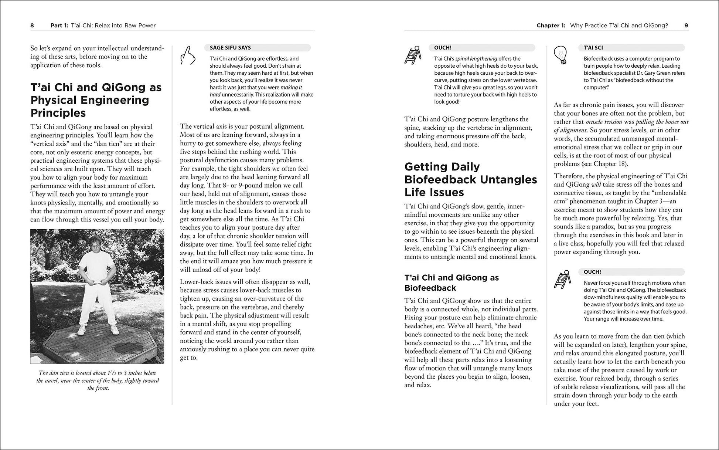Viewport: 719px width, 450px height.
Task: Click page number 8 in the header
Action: pos(32,26)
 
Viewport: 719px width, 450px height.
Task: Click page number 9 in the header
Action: pos(686,26)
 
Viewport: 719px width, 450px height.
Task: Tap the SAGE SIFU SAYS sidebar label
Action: pos(230,48)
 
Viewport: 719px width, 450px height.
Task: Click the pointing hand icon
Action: pos(187,56)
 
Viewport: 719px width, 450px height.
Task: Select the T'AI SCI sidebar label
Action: pos(593,48)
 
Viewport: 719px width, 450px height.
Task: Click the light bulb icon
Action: pos(561,55)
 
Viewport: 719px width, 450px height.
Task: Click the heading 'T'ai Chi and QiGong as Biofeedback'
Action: pos(451,283)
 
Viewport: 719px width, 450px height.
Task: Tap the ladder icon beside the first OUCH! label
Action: pos(413,55)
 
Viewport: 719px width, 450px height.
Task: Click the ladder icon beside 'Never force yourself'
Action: pos(562,279)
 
